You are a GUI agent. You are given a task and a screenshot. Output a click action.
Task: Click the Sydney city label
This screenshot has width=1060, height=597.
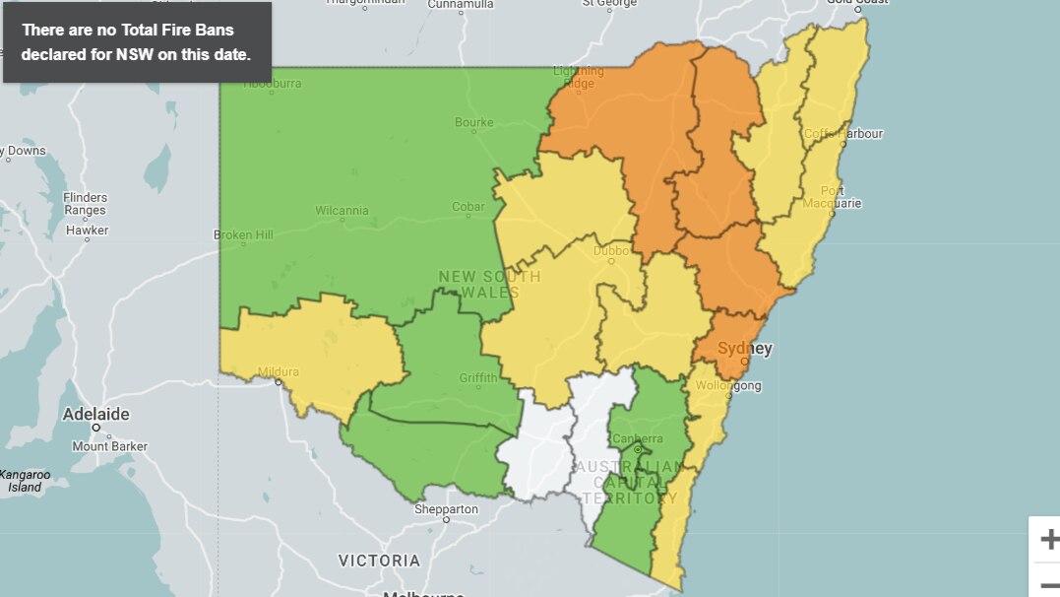pyautogui.click(x=745, y=348)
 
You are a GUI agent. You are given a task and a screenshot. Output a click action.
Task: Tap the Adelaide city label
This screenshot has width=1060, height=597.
pyautogui.click(x=95, y=414)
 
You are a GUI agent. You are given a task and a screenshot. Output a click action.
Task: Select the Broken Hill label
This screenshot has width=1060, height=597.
pyautogui.click(x=243, y=235)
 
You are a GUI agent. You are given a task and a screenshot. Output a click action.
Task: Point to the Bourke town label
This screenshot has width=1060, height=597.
pyautogui.click(x=473, y=123)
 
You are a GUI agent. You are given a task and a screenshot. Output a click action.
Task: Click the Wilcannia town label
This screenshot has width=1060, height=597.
pyautogui.click(x=342, y=210)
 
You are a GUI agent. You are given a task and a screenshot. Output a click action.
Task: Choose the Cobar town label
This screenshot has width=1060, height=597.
pyautogui.click(x=468, y=207)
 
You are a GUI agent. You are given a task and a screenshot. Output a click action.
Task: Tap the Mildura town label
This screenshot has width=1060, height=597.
pyautogui.click(x=278, y=371)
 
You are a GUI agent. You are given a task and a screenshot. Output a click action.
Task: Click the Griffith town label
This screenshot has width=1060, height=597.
pyautogui.click(x=478, y=377)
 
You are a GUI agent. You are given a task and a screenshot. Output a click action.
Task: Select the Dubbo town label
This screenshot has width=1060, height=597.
pyautogui.click(x=610, y=250)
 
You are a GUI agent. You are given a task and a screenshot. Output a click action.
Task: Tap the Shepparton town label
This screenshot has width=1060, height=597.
pyautogui.click(x=446, y=509)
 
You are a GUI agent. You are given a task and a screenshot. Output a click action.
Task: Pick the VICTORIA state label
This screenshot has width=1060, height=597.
pyautogui.click(x=379, y=561)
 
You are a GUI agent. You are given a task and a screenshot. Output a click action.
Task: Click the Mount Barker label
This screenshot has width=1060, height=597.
pyautogui.click(x=109, y=446)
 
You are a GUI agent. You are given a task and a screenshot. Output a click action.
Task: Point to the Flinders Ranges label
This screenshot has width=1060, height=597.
pyautogui.click(x=86, y=204)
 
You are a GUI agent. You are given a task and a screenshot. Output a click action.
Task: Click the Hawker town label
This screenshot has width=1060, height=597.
pyautogui.click(x=87, y=231)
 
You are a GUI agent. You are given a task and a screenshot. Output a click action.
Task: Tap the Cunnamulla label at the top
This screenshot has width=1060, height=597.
pyautogui.click(x=460, y=5)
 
